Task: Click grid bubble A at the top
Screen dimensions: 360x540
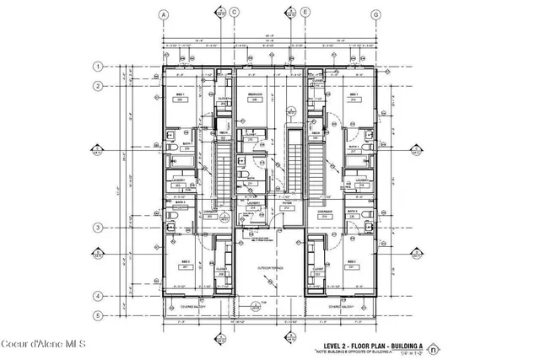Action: coord(161,13)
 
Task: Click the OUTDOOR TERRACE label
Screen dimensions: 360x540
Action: coord(269,267)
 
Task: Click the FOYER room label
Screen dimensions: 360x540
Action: coord(287,203)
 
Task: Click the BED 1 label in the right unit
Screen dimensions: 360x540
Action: coord(355,94)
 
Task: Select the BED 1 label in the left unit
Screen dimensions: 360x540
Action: coord(181,94)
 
